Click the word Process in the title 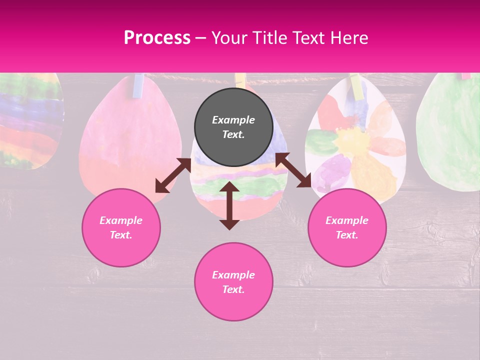pos(157,38)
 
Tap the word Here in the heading pos(346,38)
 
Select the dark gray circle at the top pos(233,127)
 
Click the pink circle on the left pos(121,227)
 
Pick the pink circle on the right pos(347,227)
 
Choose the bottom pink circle pos(233,281)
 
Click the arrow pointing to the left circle pos(173,175)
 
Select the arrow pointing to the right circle pos(293,170)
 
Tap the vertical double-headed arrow pos(229,205)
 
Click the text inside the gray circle pos(233,127)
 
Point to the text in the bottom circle pos(233,282)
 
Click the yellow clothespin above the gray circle pos(240,80)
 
